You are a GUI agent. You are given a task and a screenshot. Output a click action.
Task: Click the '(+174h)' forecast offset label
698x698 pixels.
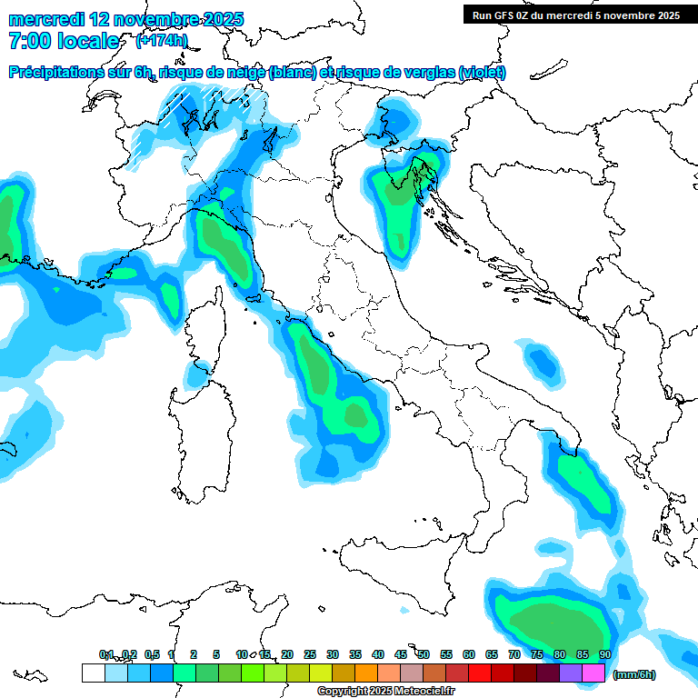pos(162,40)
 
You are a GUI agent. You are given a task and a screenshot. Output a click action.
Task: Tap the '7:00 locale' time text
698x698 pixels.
pos(64,41)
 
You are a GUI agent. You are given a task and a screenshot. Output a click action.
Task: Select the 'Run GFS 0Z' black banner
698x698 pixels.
pos(575,15)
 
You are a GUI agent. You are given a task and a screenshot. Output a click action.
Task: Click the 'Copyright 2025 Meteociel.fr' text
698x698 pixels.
pos(385,692)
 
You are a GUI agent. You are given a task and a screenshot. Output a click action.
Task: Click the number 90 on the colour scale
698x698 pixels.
pos(604,654)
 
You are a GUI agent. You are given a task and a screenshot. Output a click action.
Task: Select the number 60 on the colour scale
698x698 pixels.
pos(469,654)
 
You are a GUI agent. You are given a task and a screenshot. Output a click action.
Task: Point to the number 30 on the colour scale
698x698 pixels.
pos(333,654)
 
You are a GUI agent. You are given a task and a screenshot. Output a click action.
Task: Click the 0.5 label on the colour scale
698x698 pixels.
pos(151,654)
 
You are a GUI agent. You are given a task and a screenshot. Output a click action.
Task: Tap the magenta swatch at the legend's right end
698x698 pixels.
pos(593,673)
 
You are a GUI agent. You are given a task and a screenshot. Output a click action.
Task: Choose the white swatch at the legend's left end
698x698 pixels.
pos(93,673)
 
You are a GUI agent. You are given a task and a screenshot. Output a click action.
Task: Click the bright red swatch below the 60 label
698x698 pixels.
pos(480,673)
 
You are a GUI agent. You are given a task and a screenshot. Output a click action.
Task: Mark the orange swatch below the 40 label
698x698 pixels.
pos(366,673)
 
